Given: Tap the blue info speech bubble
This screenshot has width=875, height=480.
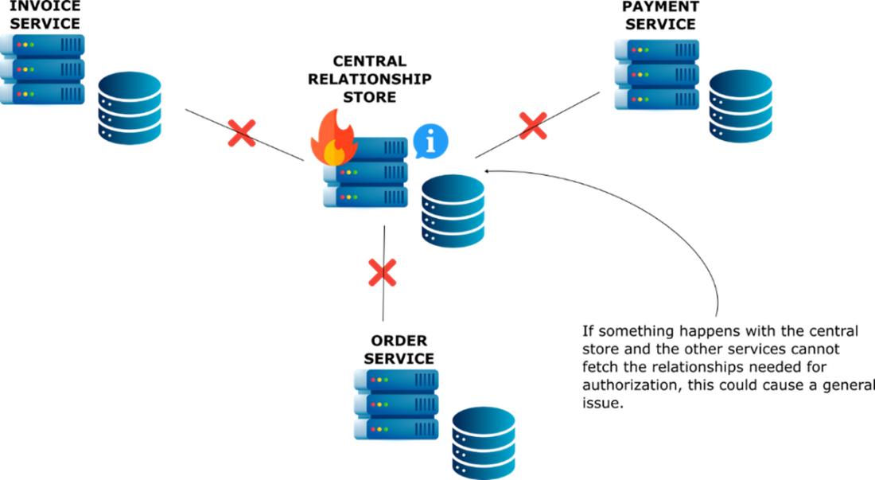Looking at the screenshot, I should [x=430, y=141].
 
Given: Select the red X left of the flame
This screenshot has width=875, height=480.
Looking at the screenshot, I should [x=242, y=133].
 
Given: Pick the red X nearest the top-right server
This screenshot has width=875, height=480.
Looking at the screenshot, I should [x=533, y=126].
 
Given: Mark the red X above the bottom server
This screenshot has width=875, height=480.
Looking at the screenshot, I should [x=382, y=272].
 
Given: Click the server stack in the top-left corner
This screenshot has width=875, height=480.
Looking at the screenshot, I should [x=43, y=69].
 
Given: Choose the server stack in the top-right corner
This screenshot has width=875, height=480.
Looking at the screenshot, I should [x=656, y=74].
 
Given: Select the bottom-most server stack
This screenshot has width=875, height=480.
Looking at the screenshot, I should [x=396, y=404].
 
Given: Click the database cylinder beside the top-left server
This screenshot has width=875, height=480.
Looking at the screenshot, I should [x=130, y=108].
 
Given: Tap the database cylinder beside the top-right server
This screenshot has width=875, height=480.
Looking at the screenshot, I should [x=741, y=107].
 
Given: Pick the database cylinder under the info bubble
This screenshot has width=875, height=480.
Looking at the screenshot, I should [x=453, y=211].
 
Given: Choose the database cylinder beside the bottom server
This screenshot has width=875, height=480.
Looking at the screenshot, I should [x=484, y=442].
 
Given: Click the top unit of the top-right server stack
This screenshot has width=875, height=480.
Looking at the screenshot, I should [x=656, y=49].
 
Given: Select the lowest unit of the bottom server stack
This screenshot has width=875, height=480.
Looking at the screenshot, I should [x=396, y=429].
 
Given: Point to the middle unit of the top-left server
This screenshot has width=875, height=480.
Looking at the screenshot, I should [x=43, y=69].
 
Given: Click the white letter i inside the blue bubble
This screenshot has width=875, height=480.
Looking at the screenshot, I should [x=430, y=141].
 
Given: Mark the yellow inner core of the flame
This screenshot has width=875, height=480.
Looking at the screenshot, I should [x=333, y=151].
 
